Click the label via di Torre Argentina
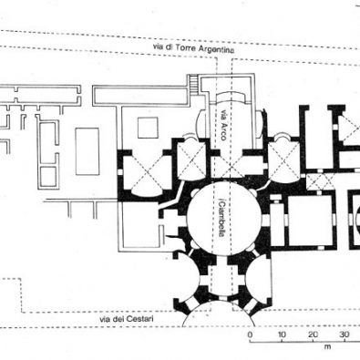click(193, 48)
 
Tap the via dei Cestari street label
click(127, 319)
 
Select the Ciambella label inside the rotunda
click(222, 218)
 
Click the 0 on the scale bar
click(250, 334)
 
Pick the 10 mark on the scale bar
click(282, 334)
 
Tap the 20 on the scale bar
click(313, 334)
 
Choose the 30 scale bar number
click(345, 334)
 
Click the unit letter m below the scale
click(327, 346)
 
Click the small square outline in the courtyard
click(148, 128)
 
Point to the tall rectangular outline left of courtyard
click(87, 151)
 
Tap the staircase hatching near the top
click(192, 84)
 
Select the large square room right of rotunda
click(310, 220)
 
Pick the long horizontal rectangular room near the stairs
click(139, 96)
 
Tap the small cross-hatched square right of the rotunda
click(321, 181)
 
